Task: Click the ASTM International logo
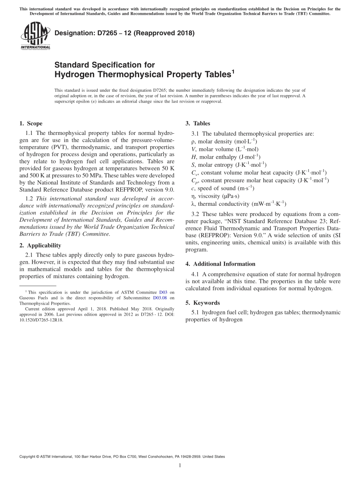click(35, 36)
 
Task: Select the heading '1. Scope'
click(31, 124)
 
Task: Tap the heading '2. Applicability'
click(40, 246)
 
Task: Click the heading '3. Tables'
click(197, 124)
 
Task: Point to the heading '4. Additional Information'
click(220, 264)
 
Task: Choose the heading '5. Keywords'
click(202, 303)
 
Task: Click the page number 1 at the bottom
click(180, 466)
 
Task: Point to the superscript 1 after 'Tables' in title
click(233, 71)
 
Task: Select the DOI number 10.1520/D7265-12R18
click(41, 320)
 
